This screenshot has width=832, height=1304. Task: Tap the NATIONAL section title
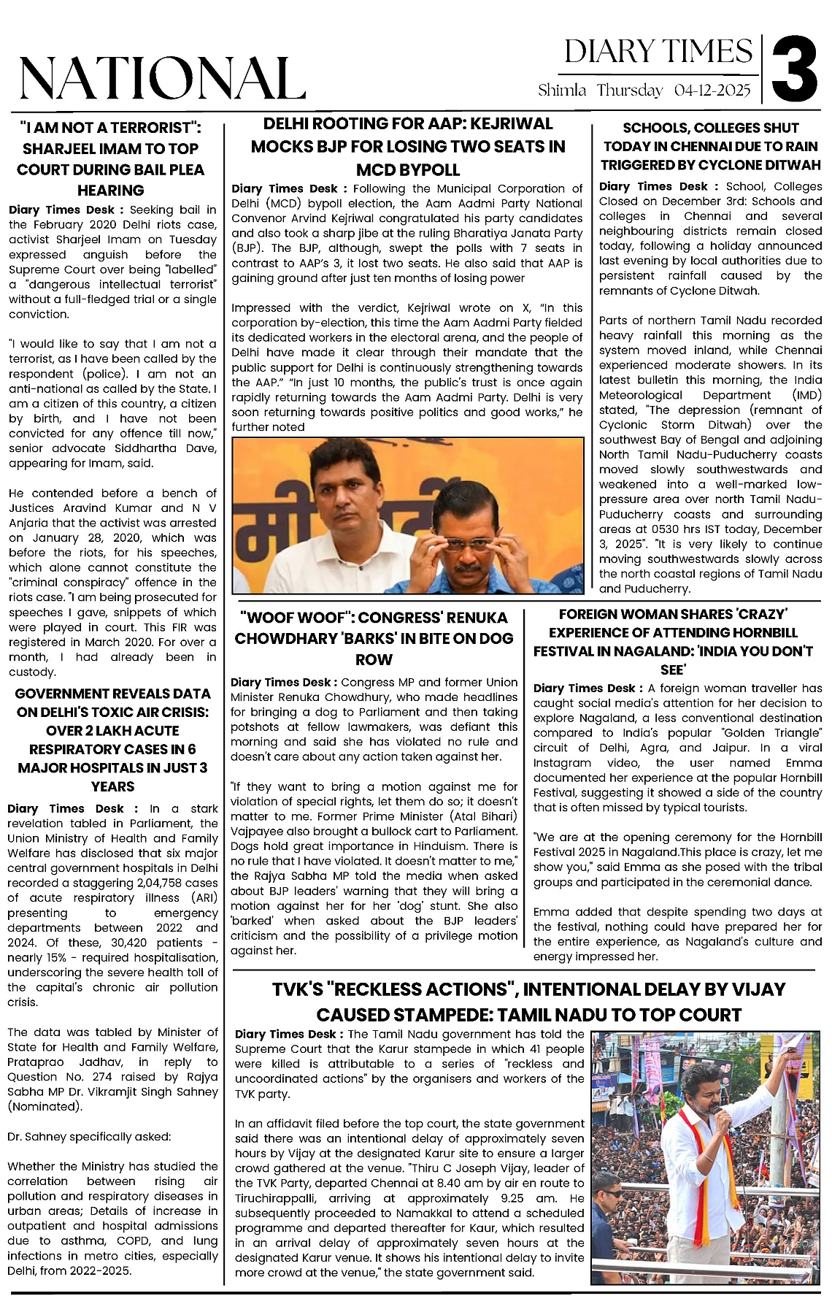click(x=161, y=77)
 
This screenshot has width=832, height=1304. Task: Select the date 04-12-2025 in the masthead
click(x=712, y=91)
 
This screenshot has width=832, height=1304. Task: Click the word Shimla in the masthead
click(x=562, y=91)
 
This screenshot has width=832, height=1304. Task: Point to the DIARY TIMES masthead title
click(x=658, y=52)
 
